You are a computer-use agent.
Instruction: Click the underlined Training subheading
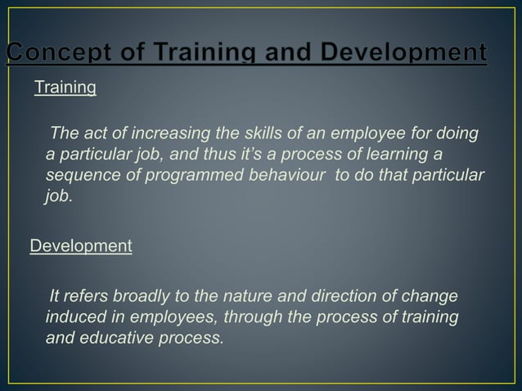coord(65,88)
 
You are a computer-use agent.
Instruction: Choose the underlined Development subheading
coord(81,246)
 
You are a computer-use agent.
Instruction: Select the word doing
coord(459,134)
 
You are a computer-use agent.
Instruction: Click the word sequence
coord(83,177)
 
